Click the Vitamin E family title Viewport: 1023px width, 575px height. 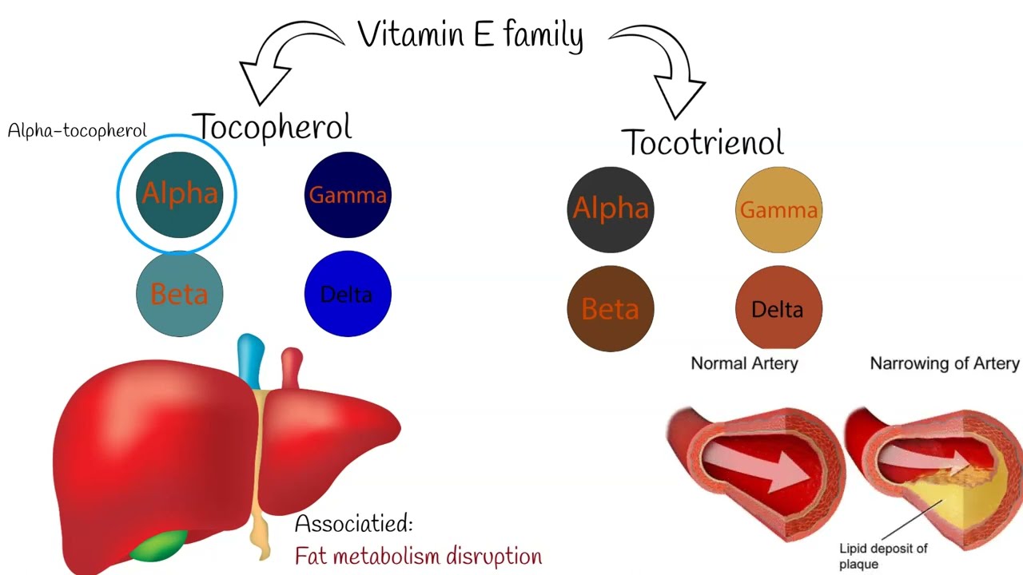coord(470,36)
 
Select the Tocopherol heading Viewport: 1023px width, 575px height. coord(272,127)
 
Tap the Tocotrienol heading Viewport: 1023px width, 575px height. coord(703,142)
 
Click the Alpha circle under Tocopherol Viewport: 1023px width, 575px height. coord(179,194)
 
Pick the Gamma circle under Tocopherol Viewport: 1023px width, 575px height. coord(348,195)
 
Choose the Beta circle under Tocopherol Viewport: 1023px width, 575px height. coord(179,294)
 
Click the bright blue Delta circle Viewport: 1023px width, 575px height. coord(348,294)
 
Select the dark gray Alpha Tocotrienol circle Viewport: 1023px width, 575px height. coord(611,209)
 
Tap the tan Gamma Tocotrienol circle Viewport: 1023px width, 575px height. coord(778,209)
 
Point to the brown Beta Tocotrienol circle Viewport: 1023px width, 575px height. coord(611,309)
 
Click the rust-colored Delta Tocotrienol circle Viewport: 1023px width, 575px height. coord(778,309)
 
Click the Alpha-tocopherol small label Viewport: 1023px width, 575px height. coord(77,131)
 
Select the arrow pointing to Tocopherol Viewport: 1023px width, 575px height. coord(280,60)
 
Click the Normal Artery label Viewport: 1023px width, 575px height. coord(744,364)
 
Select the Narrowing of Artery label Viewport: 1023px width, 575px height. coord(944,364)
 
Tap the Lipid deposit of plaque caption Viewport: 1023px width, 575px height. coord(882,556)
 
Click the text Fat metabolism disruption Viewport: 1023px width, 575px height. coord(418,556)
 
